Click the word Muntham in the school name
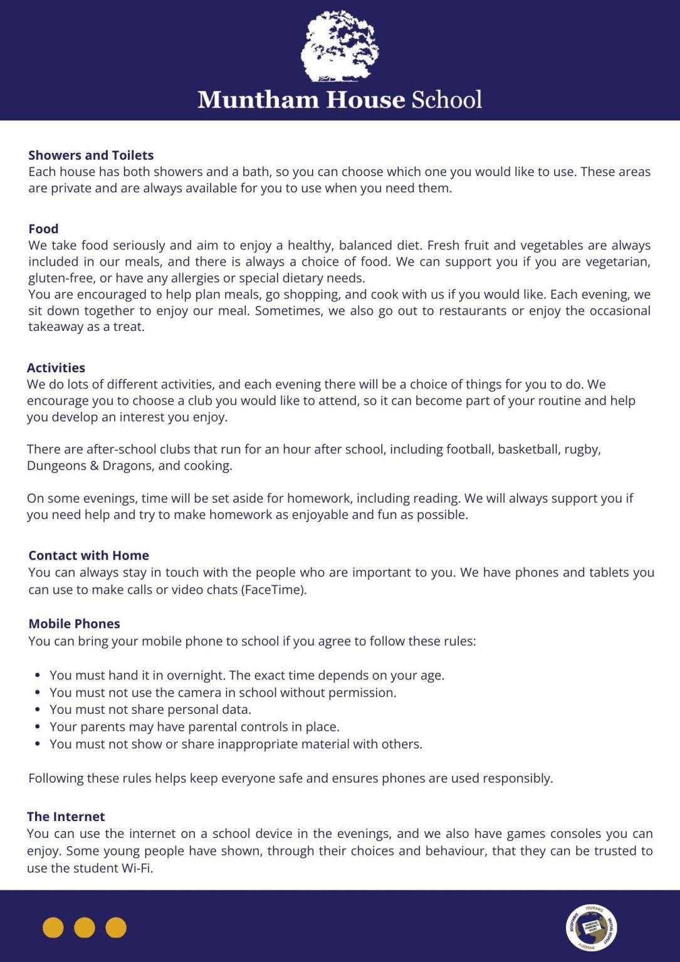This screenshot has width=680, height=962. (258, 100)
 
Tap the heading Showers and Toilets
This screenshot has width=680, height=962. (91, 155)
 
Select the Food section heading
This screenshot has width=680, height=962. (43, 229)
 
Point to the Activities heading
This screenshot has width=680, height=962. (56, 368)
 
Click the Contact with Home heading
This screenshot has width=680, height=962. (88, 555)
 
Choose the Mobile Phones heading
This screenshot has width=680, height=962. (74, 624)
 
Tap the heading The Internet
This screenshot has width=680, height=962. (66, 817)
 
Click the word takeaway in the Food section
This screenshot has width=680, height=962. (56, 327)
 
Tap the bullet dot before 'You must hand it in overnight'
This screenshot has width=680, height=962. (38, 676)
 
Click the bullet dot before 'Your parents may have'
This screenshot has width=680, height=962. (38, 727)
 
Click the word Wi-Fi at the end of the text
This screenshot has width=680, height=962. (135, 868)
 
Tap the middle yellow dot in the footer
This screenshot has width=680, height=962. (85, 928)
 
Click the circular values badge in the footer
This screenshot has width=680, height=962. (591, 928)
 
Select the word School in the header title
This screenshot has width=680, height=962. (447, 100)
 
